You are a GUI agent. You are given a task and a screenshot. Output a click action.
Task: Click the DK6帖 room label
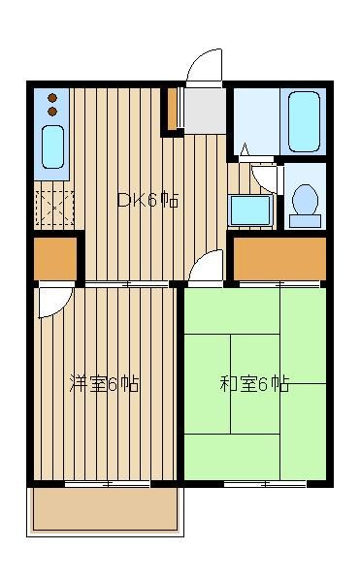[147, 201]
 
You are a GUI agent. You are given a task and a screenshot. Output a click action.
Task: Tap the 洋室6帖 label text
[104, 384]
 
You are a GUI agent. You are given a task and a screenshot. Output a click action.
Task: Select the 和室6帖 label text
[254, 384]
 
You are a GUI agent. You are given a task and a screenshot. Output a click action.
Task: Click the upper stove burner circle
[52, 98]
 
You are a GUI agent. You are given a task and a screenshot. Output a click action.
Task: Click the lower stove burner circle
[52, 112]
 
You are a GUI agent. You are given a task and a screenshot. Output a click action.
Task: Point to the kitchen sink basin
[52, 147]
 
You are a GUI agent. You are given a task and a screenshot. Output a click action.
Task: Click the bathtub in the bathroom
[304, 122]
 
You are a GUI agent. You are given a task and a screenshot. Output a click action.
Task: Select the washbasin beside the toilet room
[249, 210]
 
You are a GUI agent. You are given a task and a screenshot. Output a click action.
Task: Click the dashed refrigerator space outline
[54, 209]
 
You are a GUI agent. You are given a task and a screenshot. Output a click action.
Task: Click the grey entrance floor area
[206, 111]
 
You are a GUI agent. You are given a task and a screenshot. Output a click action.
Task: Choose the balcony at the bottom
[106, 510]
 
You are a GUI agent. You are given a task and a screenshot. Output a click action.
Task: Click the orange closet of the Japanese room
[279, 259]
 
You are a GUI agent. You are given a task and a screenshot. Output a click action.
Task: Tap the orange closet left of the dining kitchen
[55, 259]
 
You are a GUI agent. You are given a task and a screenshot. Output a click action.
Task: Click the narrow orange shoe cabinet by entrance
[172, 109]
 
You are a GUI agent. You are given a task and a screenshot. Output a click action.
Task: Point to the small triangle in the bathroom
[245, 149]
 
